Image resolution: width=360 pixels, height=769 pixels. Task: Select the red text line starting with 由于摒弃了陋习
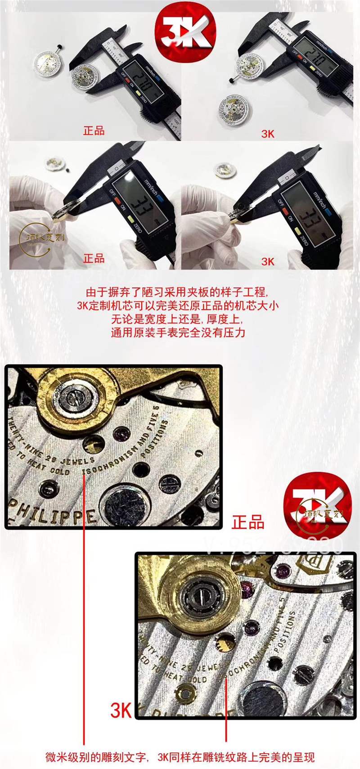179,292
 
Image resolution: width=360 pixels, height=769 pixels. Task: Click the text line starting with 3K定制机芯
179,306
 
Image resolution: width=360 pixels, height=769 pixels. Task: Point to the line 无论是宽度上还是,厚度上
179,319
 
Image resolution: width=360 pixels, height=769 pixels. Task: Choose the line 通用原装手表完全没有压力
179,333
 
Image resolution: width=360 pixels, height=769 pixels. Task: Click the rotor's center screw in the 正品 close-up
72,398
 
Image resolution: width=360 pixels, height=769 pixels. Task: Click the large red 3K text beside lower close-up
121,711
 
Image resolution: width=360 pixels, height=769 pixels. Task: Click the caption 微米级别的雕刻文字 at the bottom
96,757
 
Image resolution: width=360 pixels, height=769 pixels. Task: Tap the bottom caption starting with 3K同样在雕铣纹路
236,757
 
